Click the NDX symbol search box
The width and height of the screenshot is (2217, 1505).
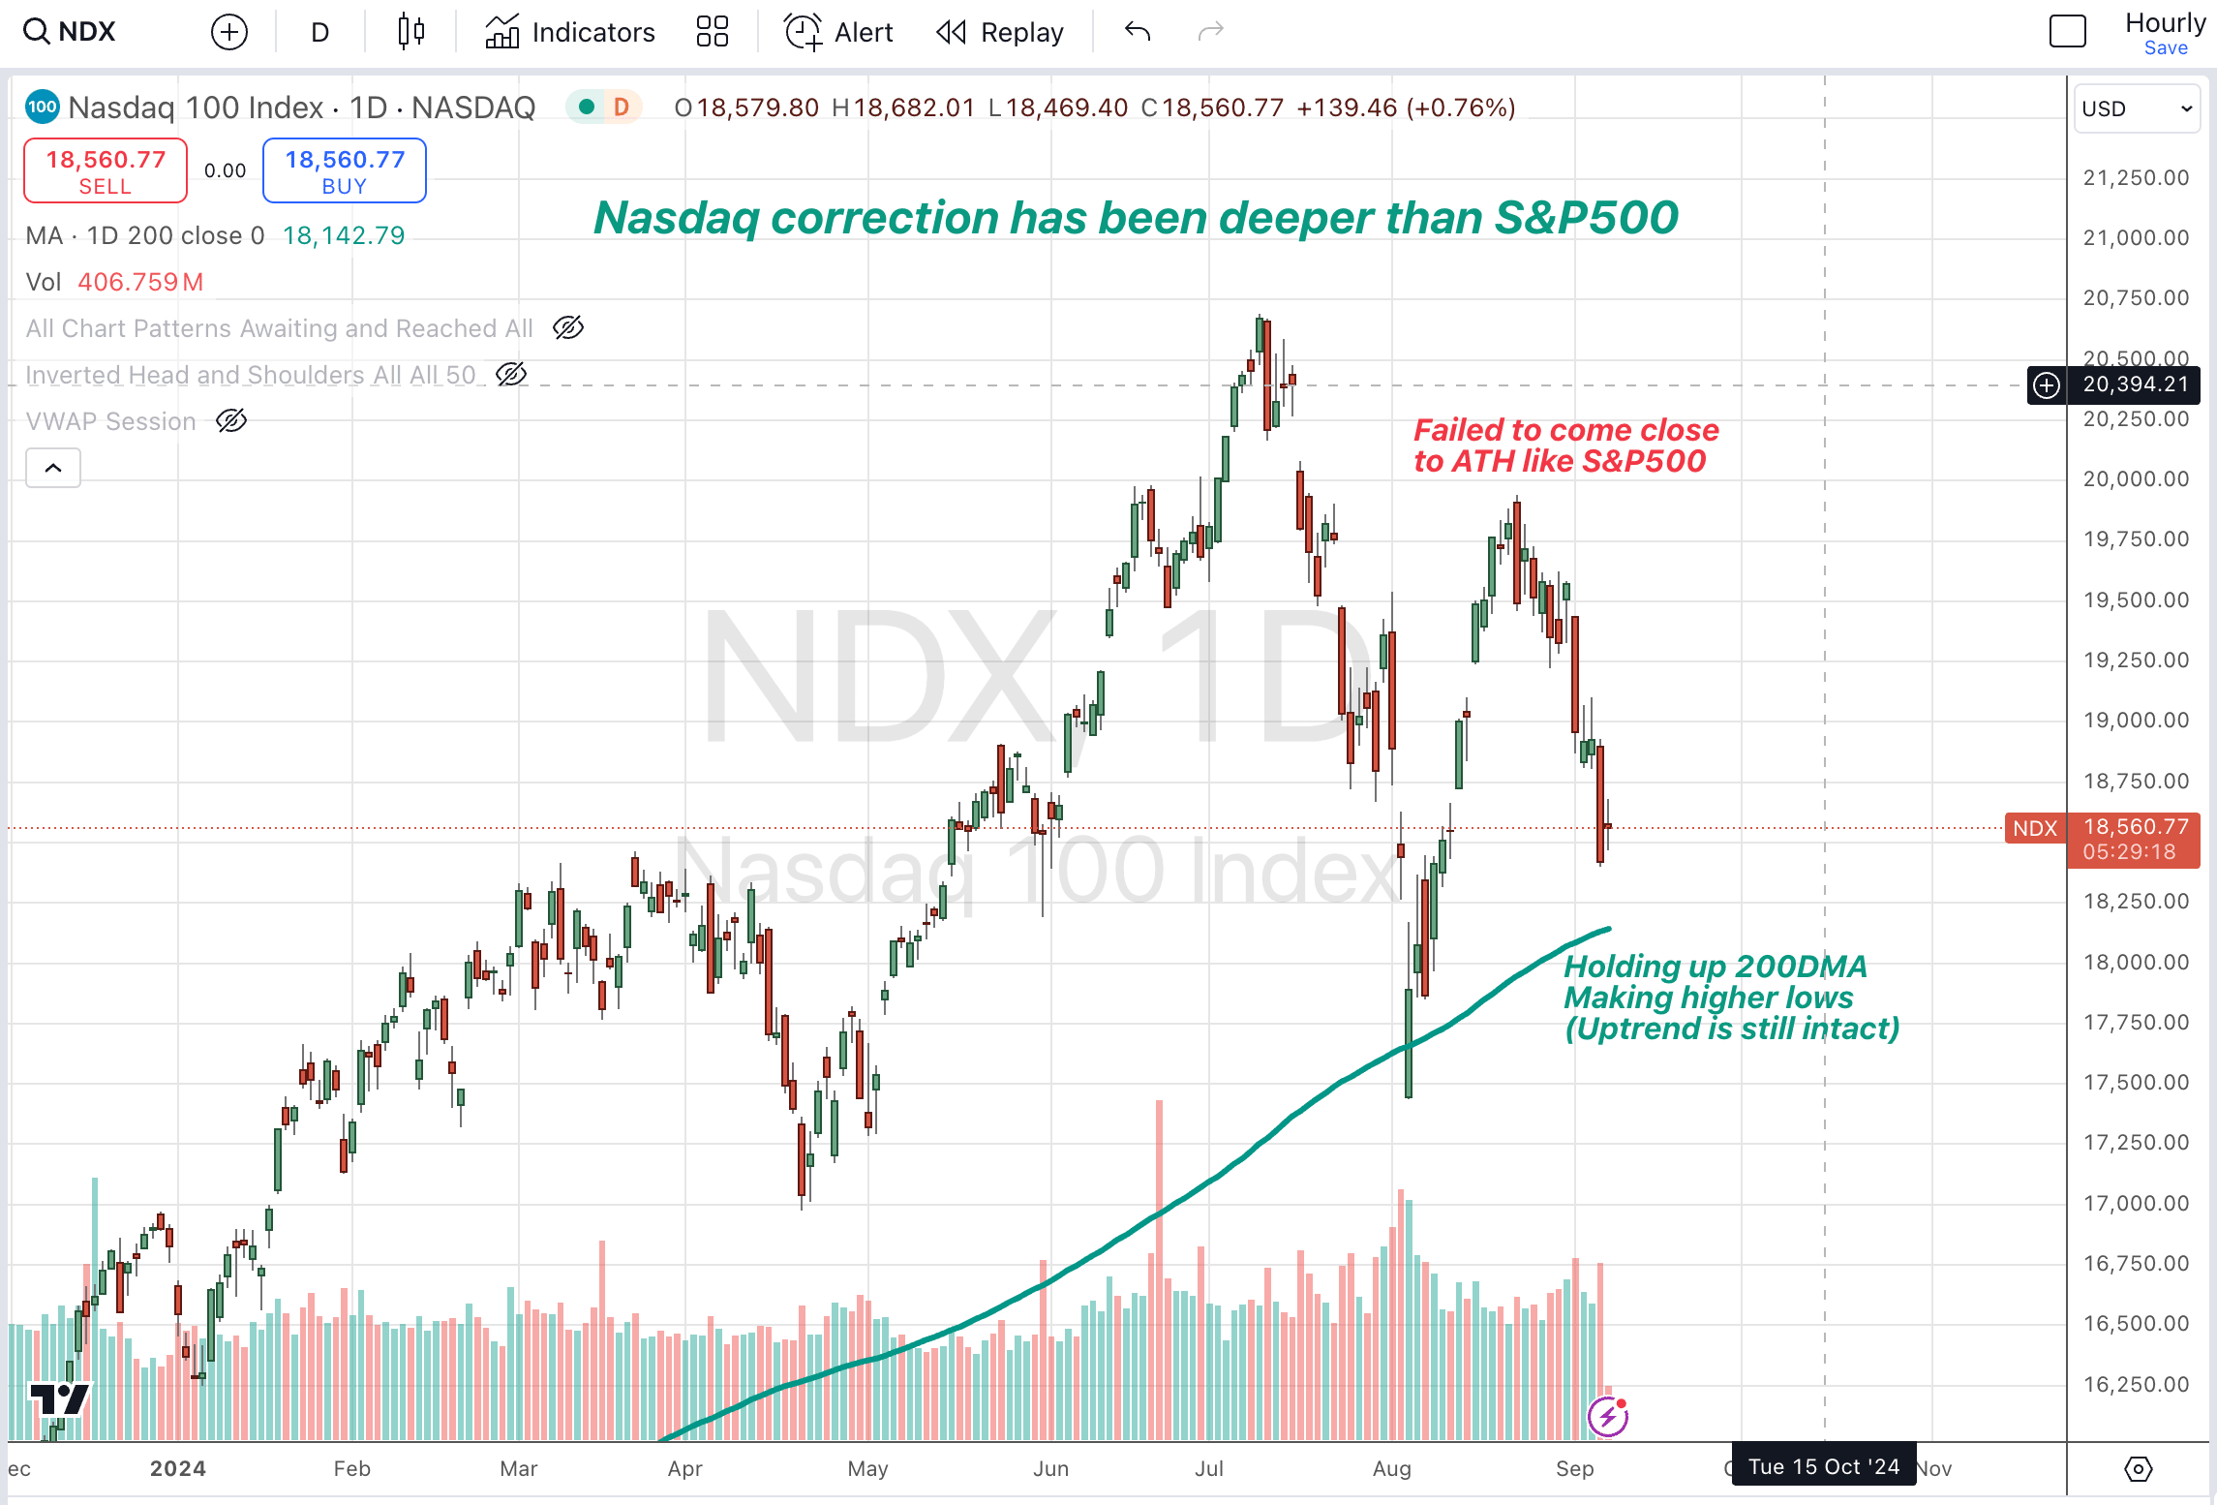tap(71, 32)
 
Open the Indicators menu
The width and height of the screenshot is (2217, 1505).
tap(570, 32)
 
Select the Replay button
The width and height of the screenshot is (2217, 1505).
tap(999, 32)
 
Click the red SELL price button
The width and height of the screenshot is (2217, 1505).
tap(106, 170)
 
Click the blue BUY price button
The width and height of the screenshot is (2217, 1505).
tap(344, 170)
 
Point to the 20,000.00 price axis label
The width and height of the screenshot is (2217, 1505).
tap(2136, 478)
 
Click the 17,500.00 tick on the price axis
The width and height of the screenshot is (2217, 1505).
tap(2136, 1082)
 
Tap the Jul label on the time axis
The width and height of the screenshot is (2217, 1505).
tap(1208, 1468)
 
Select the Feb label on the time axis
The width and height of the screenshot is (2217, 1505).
tap(351, 1468)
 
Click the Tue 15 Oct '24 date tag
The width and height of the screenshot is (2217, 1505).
tap(1823, 1466)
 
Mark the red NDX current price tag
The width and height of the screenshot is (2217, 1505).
tap(2035, 829)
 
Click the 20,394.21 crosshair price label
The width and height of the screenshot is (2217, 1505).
tap(2135, 384)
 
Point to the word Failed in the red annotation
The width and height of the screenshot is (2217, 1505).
tap(1458, 430)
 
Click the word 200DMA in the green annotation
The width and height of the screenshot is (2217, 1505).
tap(1801, 967)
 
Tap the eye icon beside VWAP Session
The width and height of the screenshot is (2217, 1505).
tap(231, 421)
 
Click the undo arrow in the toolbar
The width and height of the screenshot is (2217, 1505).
tap(1138, 32)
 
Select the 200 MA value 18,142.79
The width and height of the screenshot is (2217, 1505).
tap(344, 235)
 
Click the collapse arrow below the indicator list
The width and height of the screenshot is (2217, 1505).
tap(53, 469)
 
